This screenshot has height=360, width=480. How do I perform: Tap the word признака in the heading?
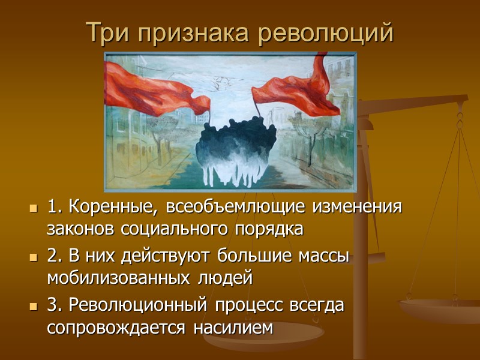[x=194, y=34]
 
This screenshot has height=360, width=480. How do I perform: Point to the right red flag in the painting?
[x=297, y=90]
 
